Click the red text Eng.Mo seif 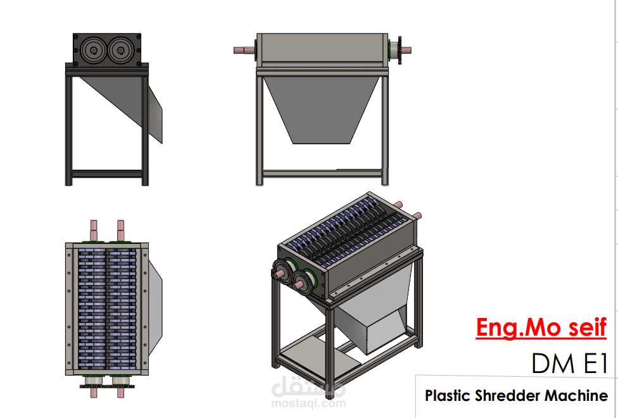click(541, 328)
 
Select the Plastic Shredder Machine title click(516, 396)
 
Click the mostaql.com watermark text click(308, 403)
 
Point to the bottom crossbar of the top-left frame click(106, 173)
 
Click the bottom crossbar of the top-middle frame click(322, 173)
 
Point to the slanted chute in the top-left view click(120, 101)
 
